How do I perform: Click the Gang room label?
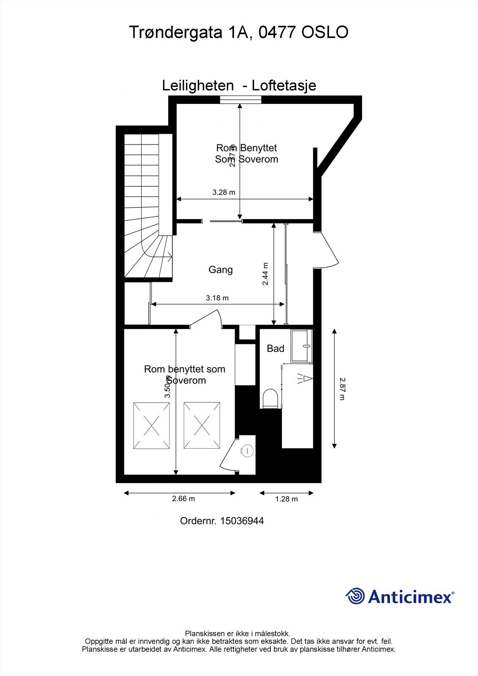coord(221,270)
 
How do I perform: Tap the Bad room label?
coord(276,349)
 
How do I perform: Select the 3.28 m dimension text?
coord(224,192)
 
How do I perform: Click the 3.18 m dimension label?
coord(217,298)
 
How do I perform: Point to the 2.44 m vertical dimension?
coord(266,274)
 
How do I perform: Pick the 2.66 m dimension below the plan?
coord(183,499)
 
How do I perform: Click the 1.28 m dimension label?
coord(287,499)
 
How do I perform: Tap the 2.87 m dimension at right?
coord(342,389)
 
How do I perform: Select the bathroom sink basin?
coord(302,346)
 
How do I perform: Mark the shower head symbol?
coord(305,379)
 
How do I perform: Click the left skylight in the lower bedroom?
coord(152,426)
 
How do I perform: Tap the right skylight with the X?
coord(202,426)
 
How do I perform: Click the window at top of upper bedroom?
coord(240,100)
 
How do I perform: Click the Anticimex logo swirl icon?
coord(355,597)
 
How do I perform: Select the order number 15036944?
coord(241,521)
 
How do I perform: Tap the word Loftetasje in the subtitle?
coord(284,86)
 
